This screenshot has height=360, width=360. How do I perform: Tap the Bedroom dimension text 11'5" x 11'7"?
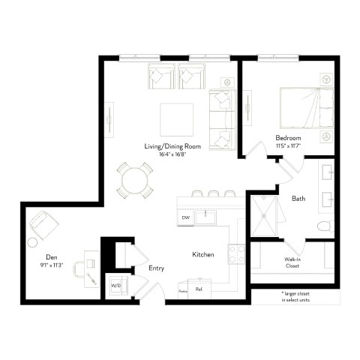[289, 147]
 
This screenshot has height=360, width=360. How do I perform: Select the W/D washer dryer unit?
[116, 285]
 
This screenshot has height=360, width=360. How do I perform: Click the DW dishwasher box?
[185, 218]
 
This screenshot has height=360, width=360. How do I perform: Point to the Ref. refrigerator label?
[199, 289]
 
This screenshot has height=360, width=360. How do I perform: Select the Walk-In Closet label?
[293, 262]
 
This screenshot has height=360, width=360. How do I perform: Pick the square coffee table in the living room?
[178, 117]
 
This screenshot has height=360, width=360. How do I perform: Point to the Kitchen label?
[203, 255]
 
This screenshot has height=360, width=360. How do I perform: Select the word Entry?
[156, 268]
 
